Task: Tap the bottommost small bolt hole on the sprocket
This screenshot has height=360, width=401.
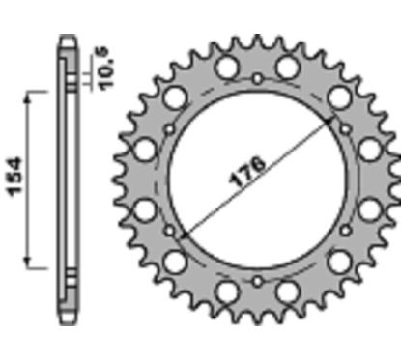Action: click(257, 281)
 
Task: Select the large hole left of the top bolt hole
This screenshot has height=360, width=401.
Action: click(226, 68)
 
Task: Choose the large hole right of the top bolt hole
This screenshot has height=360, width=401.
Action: click(287, 68)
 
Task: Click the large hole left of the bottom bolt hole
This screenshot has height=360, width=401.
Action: click(226, 291)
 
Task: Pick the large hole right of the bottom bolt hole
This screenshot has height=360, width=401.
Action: click(287, 291)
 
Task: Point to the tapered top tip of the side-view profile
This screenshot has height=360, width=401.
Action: click(66, 41)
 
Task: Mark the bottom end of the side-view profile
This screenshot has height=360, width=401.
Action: click(66, 318)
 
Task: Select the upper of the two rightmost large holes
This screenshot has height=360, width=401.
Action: click(368, 149)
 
